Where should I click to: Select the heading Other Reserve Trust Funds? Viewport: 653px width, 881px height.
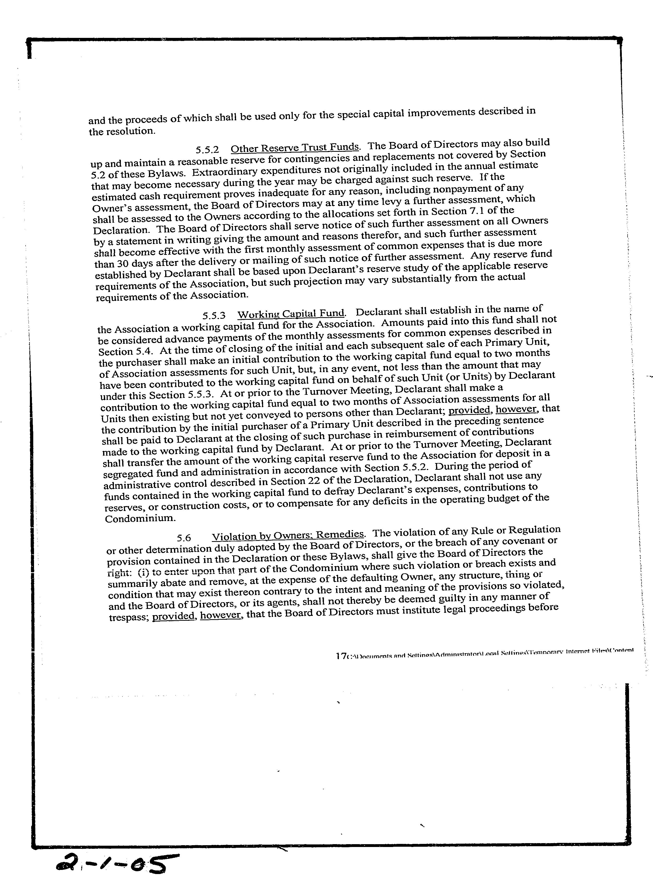pos(295,148)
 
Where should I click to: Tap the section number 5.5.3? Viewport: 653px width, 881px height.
pos(214,315)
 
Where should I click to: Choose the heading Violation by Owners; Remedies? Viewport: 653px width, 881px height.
pos(287,535)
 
